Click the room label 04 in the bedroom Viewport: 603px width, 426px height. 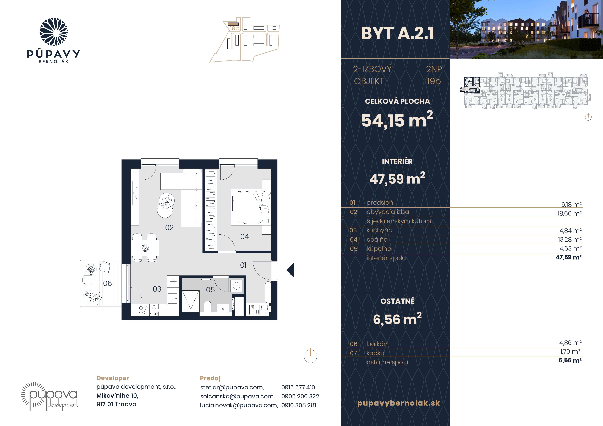[x=244, y=237]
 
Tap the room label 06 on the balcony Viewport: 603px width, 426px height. [x=107, y=284]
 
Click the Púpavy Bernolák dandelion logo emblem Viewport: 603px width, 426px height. [x=54, y=32]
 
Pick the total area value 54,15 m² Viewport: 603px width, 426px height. [x=397, y=120]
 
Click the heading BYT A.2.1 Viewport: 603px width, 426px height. [x=397, y=34]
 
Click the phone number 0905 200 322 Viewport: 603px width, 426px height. [x=300, y=396]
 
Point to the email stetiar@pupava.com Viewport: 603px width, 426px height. [x=232, y=387]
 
